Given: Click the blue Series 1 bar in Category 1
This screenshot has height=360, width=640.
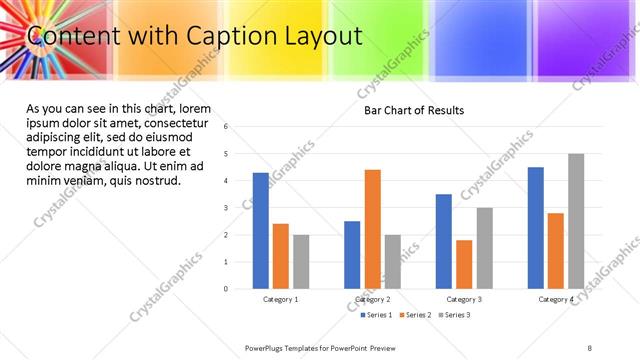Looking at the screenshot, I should point(261,231).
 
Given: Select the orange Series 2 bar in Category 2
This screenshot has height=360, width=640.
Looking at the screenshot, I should point(372,229).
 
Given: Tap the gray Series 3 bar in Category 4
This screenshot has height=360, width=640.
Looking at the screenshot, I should point(576,221).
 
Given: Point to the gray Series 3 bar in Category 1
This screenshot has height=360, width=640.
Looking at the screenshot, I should point(301,262).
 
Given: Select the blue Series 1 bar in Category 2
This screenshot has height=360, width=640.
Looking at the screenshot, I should point(352,255).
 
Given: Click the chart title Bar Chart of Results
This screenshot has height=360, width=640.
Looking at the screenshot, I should point(413,110).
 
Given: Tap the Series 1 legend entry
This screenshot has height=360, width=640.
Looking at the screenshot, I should point(377,315).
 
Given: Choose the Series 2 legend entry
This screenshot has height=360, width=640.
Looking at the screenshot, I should point(416,315).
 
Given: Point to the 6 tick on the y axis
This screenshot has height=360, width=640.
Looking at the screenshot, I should point(227,127).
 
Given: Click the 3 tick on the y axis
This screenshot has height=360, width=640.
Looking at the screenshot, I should point(227,208).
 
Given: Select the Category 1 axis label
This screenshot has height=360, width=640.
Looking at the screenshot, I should point(281,299).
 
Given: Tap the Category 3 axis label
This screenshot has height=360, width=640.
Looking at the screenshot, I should point(464,299).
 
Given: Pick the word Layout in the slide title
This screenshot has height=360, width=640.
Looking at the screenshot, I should point(321,37).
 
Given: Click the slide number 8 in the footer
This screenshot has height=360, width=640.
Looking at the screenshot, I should point(589,347).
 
